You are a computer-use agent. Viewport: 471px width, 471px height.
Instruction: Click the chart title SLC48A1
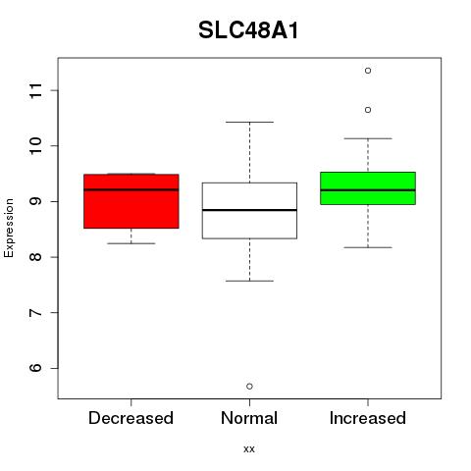(x=248, y=30)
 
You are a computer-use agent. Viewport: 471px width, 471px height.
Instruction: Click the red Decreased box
(x=131, y=201)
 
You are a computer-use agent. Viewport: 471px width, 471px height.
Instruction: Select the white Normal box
(x=249, y=211)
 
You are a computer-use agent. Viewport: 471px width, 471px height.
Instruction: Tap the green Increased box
(x=368, y=188)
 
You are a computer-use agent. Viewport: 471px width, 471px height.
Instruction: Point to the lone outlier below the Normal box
(x=249, y=387)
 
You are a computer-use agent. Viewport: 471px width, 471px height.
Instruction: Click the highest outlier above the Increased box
(x=368, y=71)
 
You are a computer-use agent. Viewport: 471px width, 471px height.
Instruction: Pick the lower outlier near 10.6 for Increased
(x=368, y=110)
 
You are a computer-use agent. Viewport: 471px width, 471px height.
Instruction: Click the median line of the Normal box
(x=249, y=210)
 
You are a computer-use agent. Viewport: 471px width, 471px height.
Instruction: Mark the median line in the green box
(x=368, y=190)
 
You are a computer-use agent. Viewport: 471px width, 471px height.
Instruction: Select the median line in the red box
(x=131, y=189)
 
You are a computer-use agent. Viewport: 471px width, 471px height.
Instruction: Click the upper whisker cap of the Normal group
(x=249, y=122)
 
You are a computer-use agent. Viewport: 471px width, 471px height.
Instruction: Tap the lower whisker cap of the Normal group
(x=249, y=281)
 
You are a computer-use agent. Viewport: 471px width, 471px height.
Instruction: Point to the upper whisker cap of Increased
(x=368, y=138)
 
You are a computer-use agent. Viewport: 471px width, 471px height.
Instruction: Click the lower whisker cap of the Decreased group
(x=131, y=243)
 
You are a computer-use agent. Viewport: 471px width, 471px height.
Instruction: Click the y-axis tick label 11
(x=36, y=90)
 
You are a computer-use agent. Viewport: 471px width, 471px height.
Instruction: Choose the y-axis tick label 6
(x=36, y=368)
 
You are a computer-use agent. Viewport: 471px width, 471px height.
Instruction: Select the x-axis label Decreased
(x=131, y=418)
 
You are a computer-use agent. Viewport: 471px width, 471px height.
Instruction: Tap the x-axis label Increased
(x=368, y=418)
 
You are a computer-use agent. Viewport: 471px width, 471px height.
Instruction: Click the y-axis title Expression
(x=9, y=228)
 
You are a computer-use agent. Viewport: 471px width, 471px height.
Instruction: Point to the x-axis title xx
(x=249, y=449)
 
